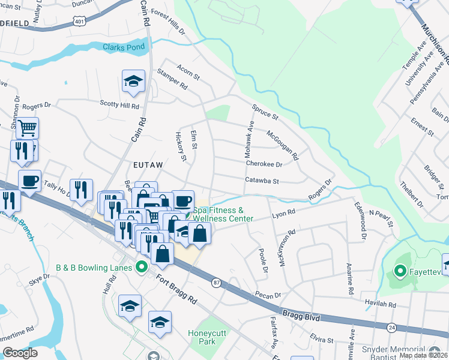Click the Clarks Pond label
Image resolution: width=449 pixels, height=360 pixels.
[x=123, y=47]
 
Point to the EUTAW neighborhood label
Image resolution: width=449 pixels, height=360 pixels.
[x=148, y=163]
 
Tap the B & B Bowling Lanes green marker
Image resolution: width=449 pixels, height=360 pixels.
[x=142, y=267]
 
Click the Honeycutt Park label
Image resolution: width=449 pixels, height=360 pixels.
[x=206, y=337]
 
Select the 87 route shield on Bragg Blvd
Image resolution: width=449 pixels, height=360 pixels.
[x=215, y=281]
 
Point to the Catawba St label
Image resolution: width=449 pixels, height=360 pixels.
[x=262, y=181]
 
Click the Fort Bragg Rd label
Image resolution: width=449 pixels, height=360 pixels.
[x=176, y=289]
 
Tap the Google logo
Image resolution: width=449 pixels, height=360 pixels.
[x=20, y=353]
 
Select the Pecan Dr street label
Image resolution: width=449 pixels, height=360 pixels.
[x=268, y=295]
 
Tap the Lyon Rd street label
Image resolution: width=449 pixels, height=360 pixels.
[x=284, y=213]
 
